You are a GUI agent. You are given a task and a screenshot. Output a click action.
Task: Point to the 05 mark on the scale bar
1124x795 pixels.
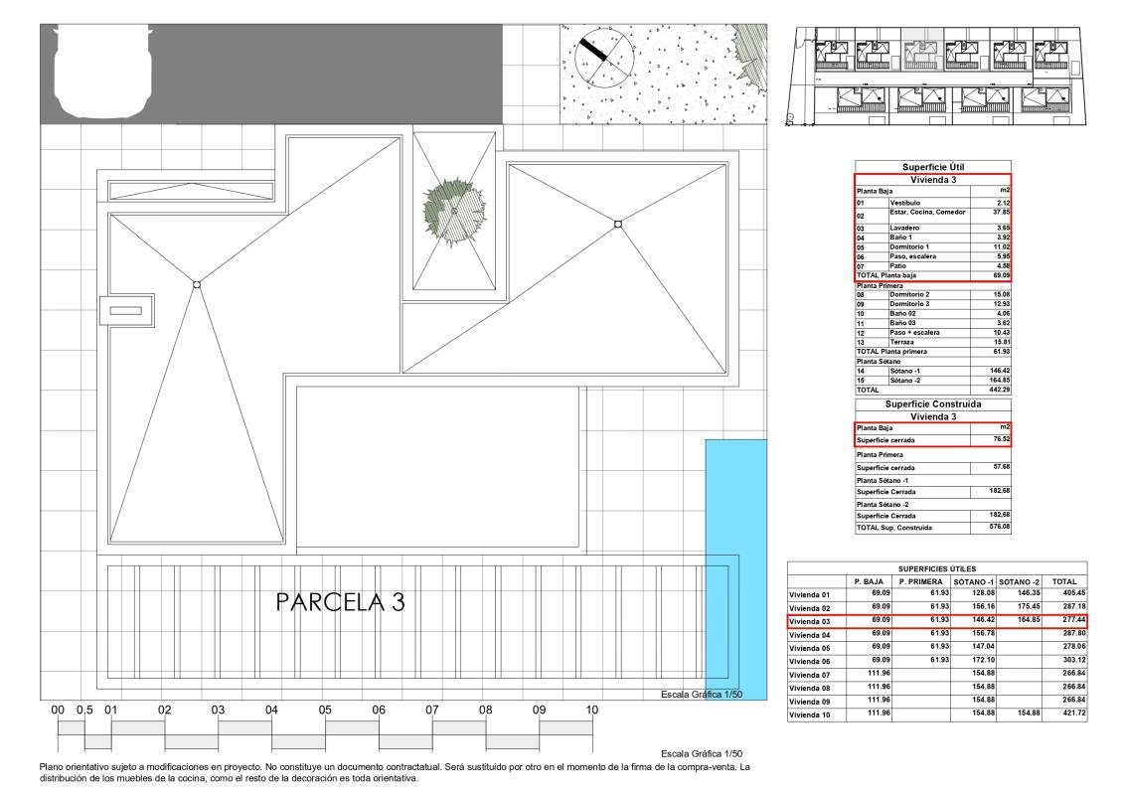pyautogui.click(x=325, y=711)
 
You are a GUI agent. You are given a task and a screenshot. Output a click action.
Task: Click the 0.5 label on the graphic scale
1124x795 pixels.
pyautogui.click(x=84, y=711)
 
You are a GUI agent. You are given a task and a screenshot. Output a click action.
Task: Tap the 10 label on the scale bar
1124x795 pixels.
pyautogui.click(x=592, y=711)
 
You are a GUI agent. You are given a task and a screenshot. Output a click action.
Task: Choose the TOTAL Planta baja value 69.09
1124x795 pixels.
pyautogui.click(x=997, y=276)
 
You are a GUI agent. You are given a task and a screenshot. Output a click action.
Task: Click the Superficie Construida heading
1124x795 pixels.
pyautogui.click(x=932, y=404)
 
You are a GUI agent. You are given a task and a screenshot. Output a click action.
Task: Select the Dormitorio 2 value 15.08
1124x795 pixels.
pyautogui.click(x=997, y=294)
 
